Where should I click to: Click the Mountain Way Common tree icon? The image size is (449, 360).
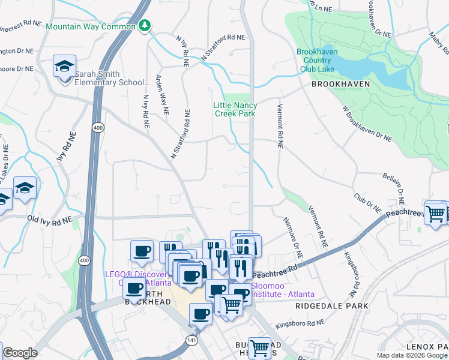coord(144,25)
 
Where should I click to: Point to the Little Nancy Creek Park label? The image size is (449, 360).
coord(235,109)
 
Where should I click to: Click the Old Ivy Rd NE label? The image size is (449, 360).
coord(50,220)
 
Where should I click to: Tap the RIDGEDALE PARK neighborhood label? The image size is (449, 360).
coord(331,306)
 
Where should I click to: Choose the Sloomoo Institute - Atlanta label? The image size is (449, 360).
coord(282,290)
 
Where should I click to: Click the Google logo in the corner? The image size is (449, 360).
coord(19,353)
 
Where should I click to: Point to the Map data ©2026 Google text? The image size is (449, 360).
coord(411,355)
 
